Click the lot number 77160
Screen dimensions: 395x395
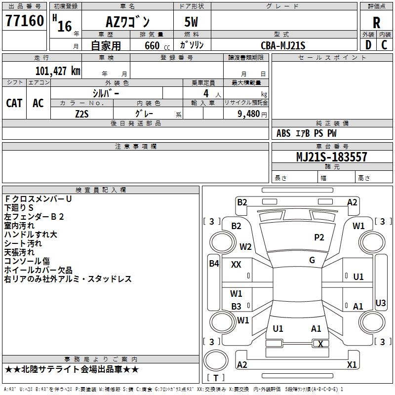(x=24, y=22)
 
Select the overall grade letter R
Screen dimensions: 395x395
(x=376, y=23)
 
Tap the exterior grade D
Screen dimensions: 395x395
(x=368, y=45)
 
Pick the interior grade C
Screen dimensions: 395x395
(x=384, y=45)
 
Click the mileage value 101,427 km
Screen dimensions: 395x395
(x=58, y=71)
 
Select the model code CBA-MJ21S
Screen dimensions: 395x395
(x=283, y=45)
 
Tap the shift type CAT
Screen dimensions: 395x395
(x=14, y=103)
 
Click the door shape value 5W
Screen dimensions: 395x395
(x=193, y=23)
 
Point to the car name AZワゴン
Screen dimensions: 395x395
(x=128, y=23)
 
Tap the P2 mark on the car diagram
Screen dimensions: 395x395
(x=319, y=237)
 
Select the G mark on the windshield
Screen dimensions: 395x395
(x=312, y=260)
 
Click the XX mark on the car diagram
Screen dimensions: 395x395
(x=236, y=265)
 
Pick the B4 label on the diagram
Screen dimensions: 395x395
(x=213, y=263)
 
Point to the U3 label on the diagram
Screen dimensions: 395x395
(x=381, y=303)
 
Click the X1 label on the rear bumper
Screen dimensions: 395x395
(x=352, y=365)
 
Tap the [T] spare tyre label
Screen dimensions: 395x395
(x=216, y=378)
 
